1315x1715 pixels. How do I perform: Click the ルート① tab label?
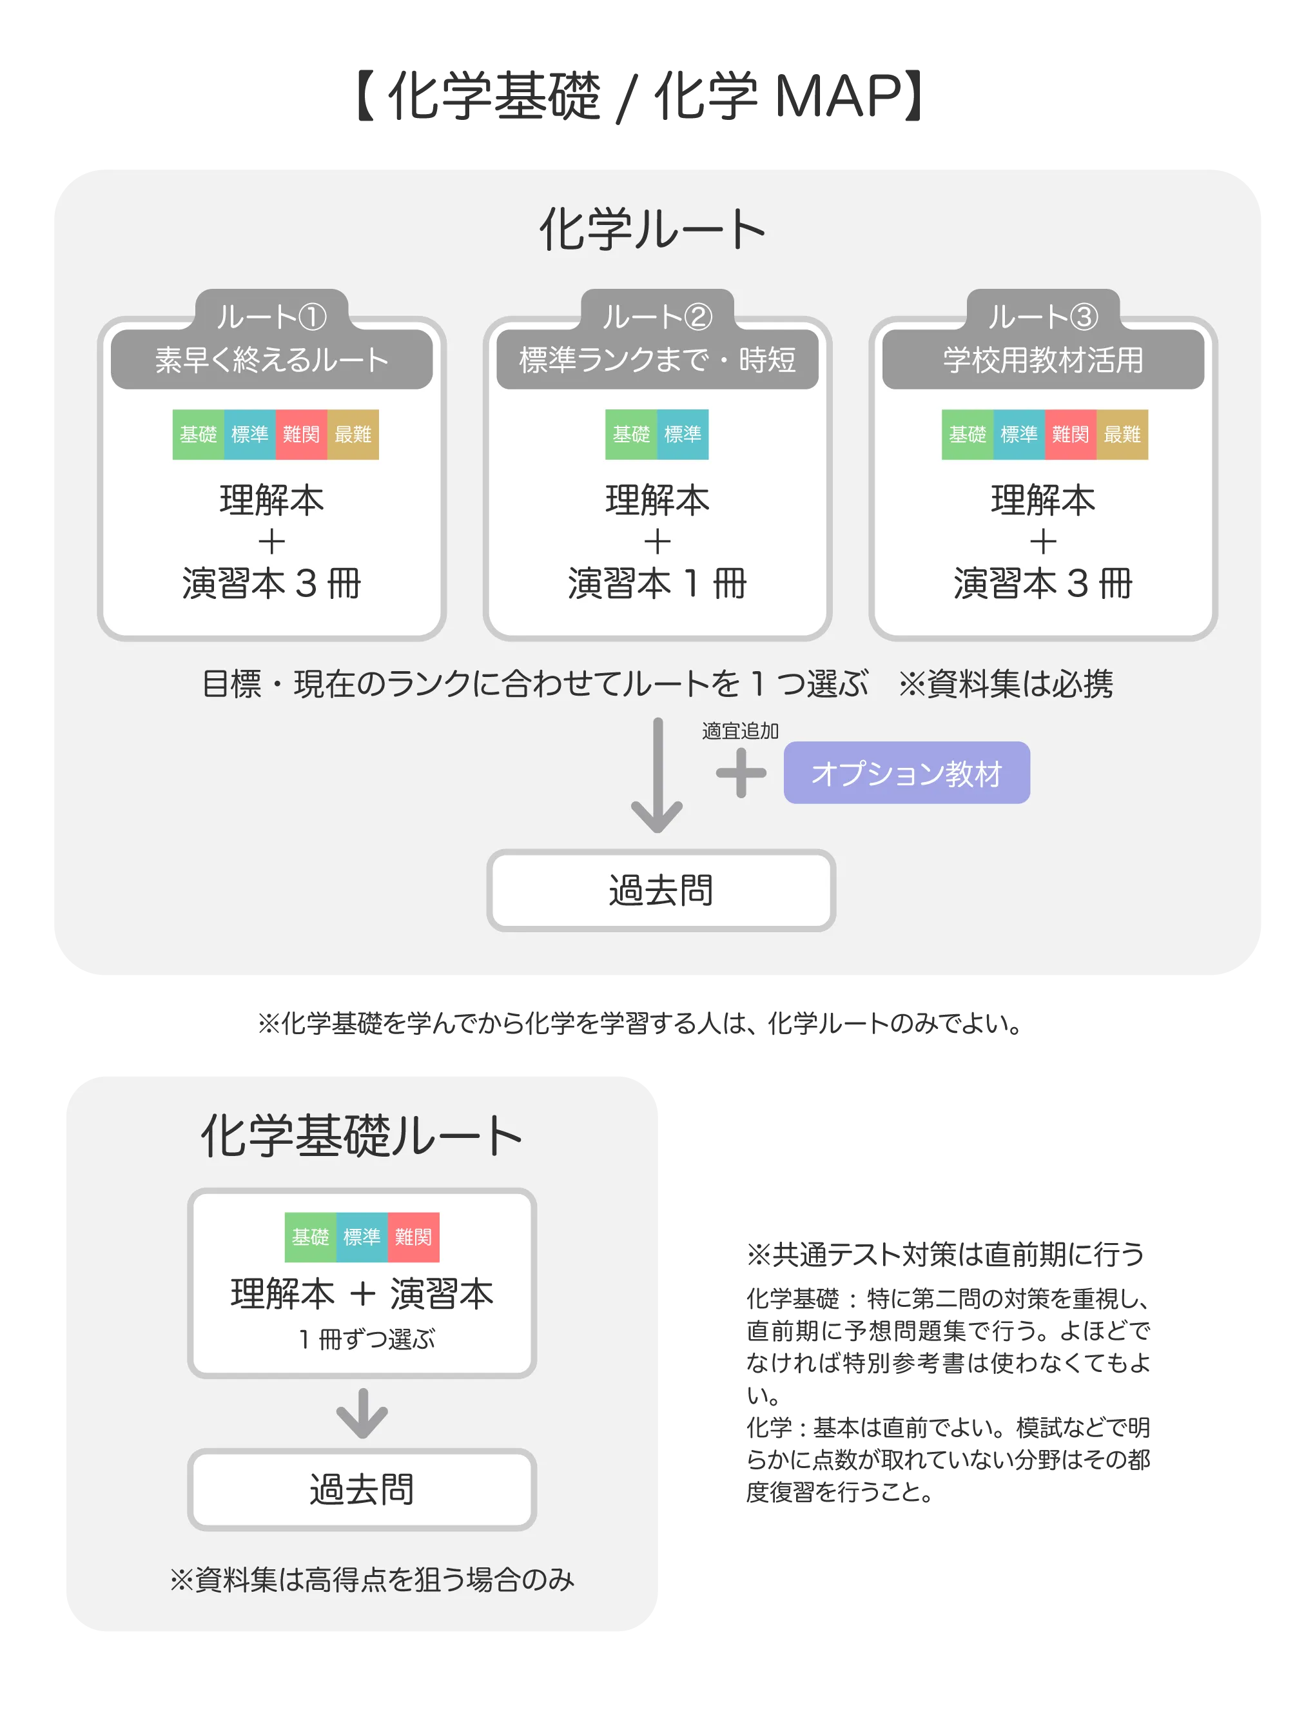tap(271, 316)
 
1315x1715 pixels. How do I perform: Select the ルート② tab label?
tap(657, 316)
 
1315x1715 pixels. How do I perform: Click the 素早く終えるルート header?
tap(271, 359)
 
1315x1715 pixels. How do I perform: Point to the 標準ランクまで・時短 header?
tap(657, 359)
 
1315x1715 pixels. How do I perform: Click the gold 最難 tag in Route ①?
tap(353, 435)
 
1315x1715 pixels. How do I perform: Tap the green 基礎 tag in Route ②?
tap(631, 435)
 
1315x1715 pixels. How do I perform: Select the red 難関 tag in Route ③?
tap(1070, 435)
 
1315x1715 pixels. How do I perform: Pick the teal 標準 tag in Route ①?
tap(249, 435)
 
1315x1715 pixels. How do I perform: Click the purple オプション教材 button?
tap(906, 772)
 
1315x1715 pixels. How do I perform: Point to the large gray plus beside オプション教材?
tap(741, 773)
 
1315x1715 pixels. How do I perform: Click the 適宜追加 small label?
tap(741, 730)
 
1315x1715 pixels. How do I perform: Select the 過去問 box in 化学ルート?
tap(661, 891)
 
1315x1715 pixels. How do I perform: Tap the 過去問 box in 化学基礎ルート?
tap(362, 1489)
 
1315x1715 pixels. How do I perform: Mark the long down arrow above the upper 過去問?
tap(657, 775)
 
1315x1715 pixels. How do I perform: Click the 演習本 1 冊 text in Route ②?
tap(657, 583)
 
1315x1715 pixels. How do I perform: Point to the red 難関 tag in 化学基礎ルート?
tap(413, 1237)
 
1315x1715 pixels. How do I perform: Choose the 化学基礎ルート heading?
tap(362, 1136)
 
